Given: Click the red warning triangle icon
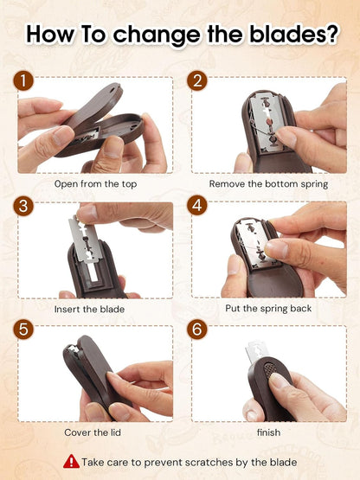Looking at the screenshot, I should (71, 462).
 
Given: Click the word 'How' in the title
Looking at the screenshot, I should (51, 35).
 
